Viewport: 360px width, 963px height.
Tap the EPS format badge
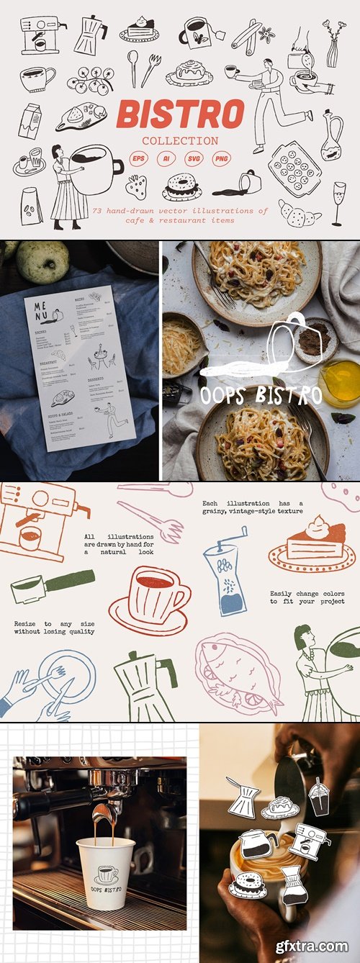click(x=138, y=158)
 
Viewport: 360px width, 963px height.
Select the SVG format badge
click(x=194, y=158)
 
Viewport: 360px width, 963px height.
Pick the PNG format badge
click(x=222, y=158)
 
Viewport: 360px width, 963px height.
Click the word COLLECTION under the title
click(x=179, y=140)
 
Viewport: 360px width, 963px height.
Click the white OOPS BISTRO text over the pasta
click(x=260, y=395)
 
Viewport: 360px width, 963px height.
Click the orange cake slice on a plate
click(x=312, y=546)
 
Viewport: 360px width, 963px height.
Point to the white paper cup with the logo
click(x=107, y=874)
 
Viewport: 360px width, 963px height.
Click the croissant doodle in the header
click(x=298, y=214)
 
